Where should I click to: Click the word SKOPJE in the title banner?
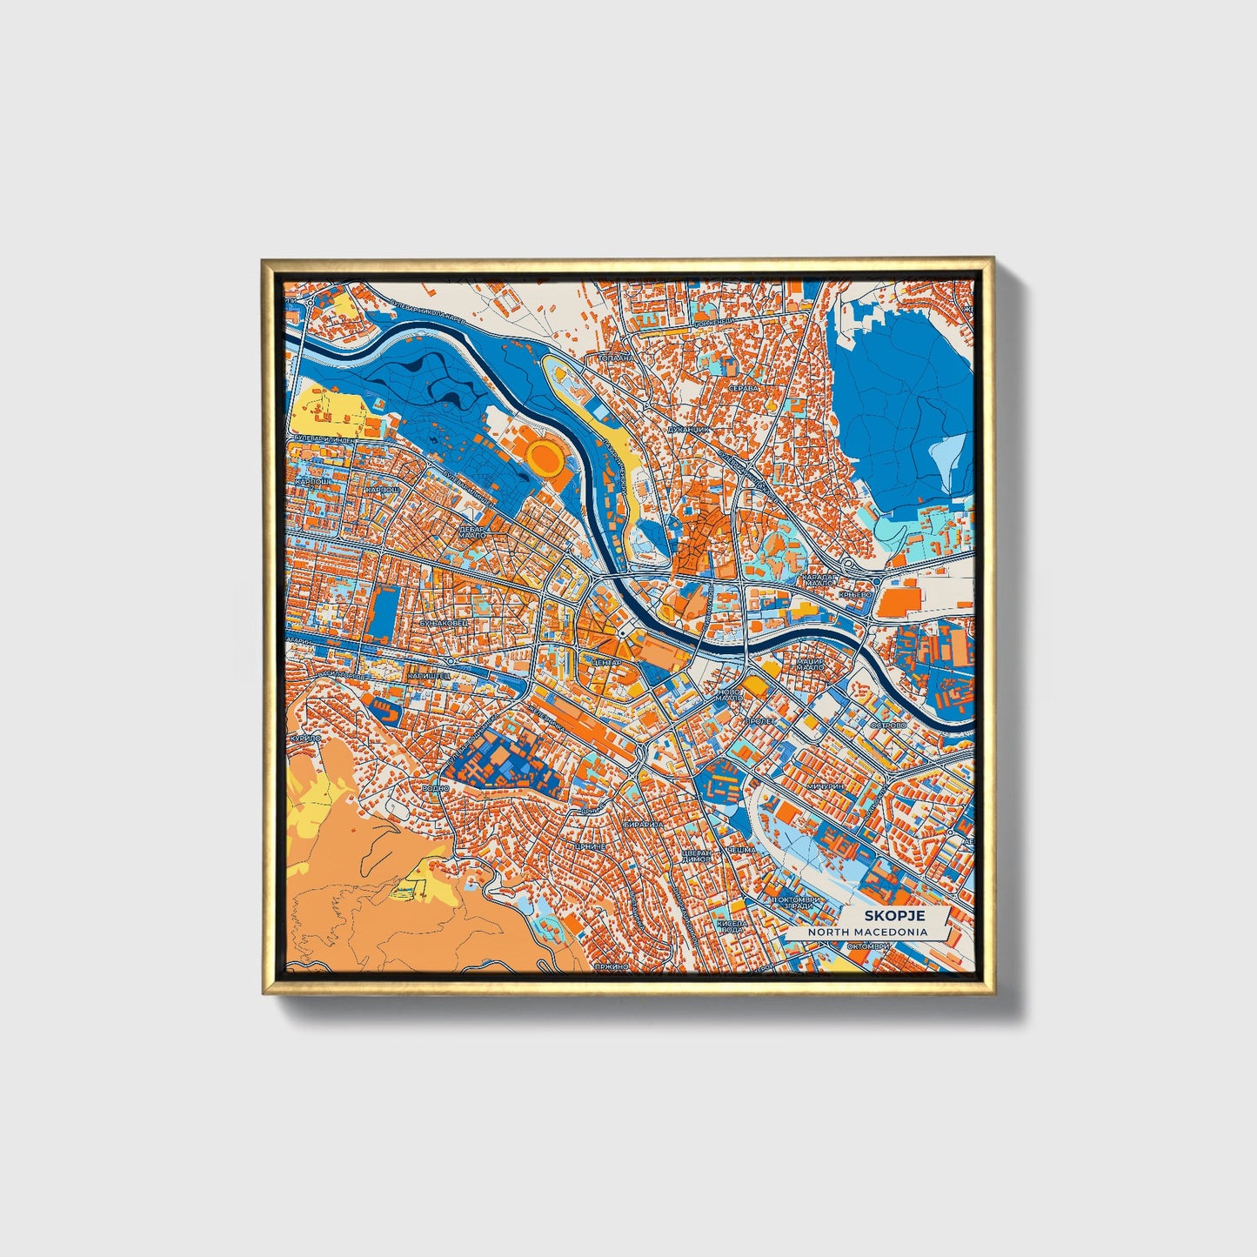click(893, 916)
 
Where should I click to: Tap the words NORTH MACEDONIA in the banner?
click(867, 932)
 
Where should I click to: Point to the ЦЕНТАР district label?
click(605, 662)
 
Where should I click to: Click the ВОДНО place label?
click(434, 788)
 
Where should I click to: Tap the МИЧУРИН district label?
click(825, 786)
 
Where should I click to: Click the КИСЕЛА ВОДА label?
click(731, 926)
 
